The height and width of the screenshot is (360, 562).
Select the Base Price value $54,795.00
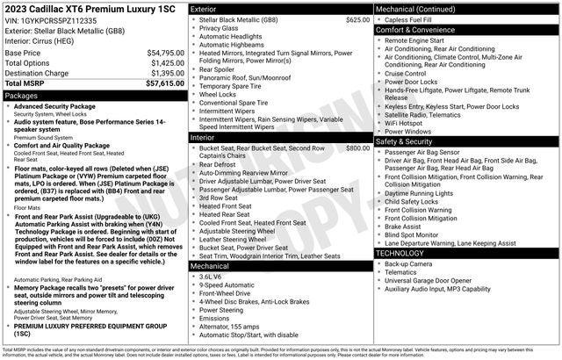tap(165, 54)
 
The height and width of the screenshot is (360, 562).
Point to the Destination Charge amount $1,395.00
tap(166, 73)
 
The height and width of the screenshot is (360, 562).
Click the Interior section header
tap(204, 138)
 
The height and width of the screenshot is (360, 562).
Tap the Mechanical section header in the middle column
tap(210, 264)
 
